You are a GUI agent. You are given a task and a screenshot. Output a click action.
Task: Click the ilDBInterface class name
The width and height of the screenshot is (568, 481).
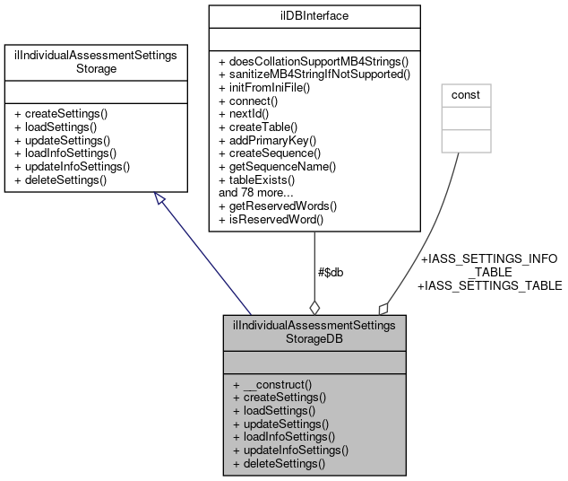(314, 16)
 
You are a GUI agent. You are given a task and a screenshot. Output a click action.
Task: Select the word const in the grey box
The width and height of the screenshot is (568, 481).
(463, 94)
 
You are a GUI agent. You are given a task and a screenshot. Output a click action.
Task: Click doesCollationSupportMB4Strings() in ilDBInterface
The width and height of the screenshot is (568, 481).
(314, 61)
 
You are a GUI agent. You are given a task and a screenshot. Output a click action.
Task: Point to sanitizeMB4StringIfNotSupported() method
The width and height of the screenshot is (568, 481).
(314, 74)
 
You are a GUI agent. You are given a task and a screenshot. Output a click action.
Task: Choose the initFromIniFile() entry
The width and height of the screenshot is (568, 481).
(264, 88)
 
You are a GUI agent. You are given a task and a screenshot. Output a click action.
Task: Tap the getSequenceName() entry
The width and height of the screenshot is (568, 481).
(277, 166)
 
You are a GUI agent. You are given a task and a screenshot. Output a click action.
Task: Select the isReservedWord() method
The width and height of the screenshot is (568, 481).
(271, 218)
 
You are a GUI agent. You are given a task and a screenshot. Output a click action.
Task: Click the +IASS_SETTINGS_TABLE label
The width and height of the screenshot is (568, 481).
(489, 285)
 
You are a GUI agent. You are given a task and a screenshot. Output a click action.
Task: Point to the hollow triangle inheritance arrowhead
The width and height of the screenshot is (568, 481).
(160, 199)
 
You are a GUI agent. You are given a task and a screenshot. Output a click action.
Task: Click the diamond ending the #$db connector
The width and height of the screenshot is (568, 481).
(314, 306)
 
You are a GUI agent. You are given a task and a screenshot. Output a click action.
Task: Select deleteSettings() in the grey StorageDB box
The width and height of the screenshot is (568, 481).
(278, 463)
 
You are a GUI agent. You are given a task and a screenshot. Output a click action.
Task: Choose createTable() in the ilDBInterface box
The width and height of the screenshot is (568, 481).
(262, 127)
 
